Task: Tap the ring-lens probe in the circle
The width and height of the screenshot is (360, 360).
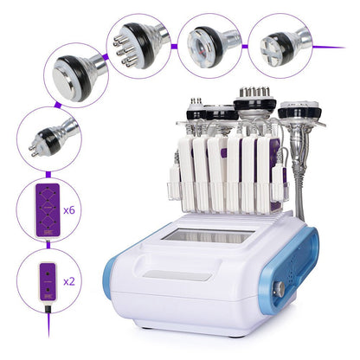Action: [208, 40]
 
